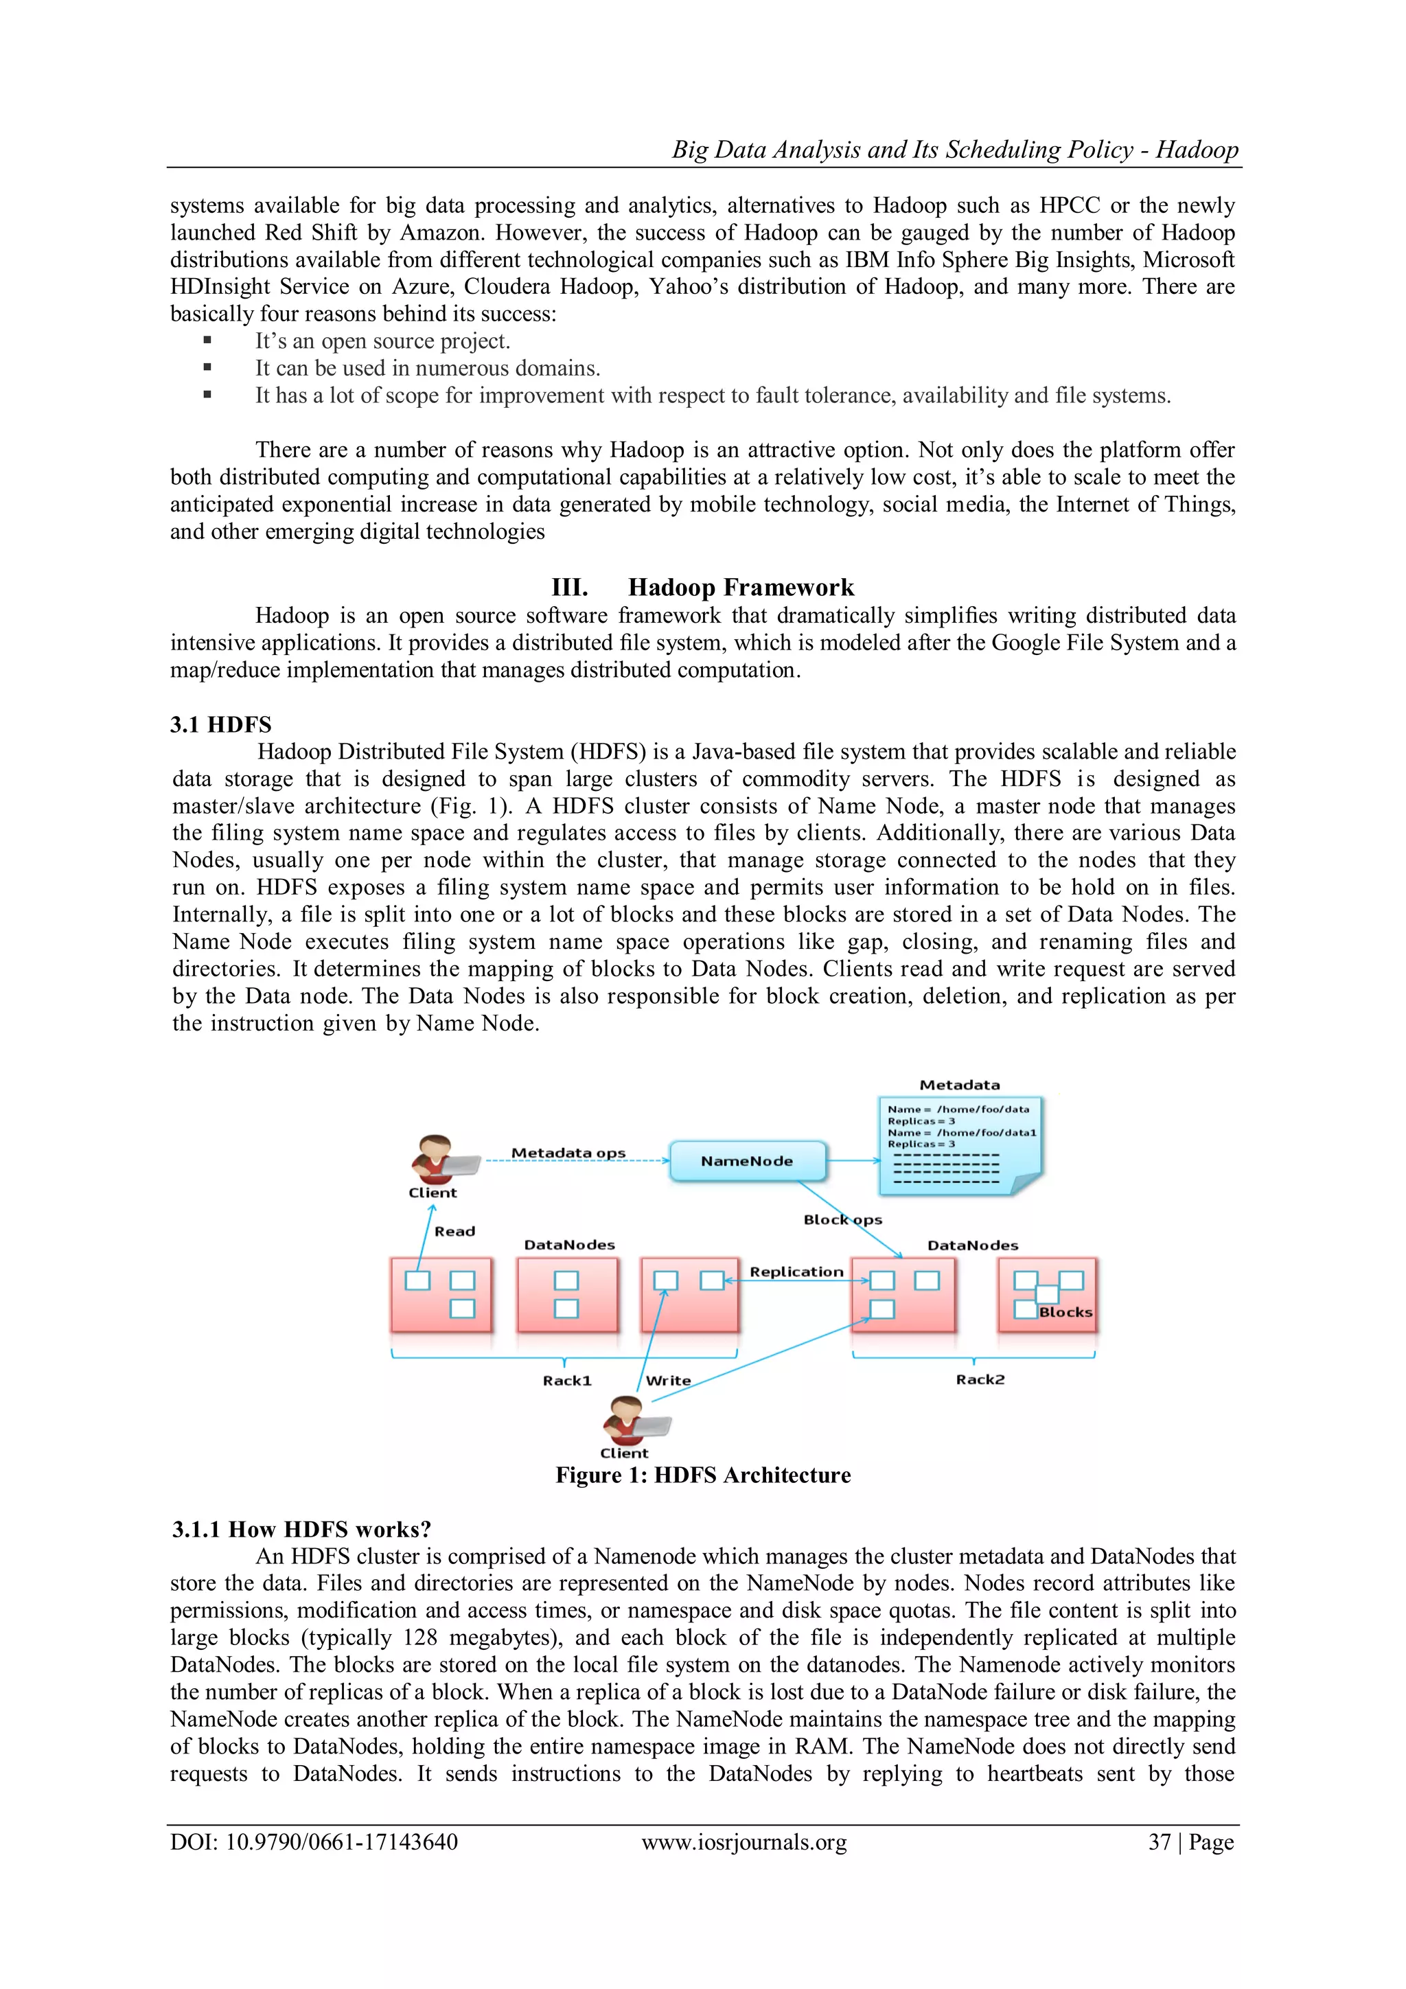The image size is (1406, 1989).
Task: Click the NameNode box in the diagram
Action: pos(747,1161)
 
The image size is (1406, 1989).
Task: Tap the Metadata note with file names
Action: pos(960,1145)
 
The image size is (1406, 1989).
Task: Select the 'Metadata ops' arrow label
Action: pos(568,1153)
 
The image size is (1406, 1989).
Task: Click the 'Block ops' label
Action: pos(842,1220)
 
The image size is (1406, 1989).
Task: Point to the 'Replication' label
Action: pos(796,1272)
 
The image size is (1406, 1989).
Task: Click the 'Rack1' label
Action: pos(568,1381)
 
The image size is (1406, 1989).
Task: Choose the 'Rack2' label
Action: pos(980,1379)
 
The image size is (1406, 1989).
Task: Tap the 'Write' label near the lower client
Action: pos(669,1381)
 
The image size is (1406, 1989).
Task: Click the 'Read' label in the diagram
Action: pos(454,1231)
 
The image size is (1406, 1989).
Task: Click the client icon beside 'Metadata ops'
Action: pos(437,1161)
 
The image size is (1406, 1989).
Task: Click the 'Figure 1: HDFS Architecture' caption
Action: pos(702,1475)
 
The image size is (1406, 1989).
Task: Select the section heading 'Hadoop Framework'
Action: pos(741,587)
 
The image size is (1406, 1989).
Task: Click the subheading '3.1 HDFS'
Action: pos(221,724)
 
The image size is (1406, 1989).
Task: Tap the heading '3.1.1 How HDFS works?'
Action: pos(301,1529)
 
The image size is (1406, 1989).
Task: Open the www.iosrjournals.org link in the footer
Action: pos(744,1842)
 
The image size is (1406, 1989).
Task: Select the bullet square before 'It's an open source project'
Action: pos(207,341)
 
